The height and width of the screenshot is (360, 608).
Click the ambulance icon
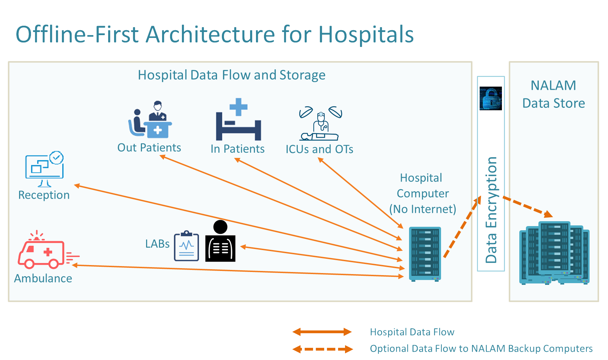click(x=48, y=250)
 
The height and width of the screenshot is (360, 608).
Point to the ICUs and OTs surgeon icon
click(x=320, y=123)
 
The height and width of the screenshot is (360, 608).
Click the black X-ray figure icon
click(x=220, y=241)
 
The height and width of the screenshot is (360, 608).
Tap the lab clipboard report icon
click(x=186, y=246)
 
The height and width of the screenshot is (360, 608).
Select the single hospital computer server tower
click(x=425, y=254)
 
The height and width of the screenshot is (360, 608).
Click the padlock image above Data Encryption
click(x=490, y=98)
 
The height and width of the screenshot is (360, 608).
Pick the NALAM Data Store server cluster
click(x=554, y=253)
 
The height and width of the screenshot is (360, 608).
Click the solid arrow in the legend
click(x=322, y=332)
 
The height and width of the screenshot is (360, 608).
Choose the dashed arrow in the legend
click(x=322, y=349)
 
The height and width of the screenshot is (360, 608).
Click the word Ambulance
click(x=43, y=278)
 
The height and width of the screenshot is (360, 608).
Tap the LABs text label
click(x=157, y=244)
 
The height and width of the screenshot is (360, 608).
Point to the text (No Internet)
click(x=423, y=209)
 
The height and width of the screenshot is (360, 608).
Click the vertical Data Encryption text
click(x=491, y=210)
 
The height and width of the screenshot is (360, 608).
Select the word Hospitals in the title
click(x=366, y=34)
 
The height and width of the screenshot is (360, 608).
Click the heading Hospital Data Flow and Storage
click(x=232, y=75)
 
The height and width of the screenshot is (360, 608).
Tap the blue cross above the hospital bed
click(x=239, y=107)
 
